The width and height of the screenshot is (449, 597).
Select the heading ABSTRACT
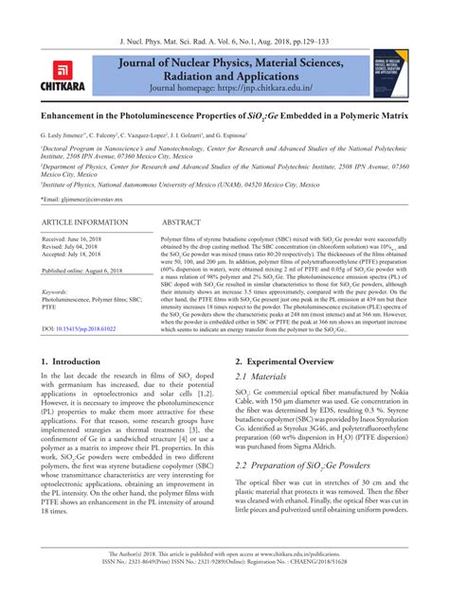point(186,222)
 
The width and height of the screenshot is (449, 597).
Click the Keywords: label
point(62,291)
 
